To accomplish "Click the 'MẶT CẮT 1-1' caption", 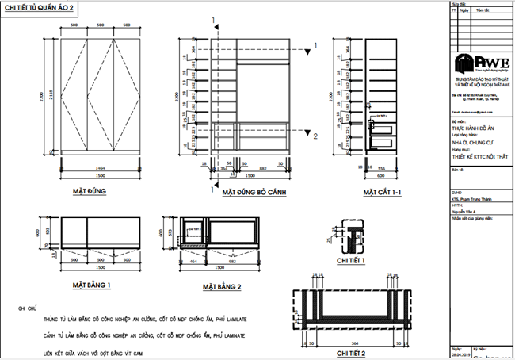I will pos(383,192).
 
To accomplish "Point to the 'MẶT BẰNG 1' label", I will pos(97,283).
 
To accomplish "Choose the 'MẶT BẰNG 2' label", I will pos(221,285).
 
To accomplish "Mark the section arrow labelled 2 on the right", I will pos(315,136).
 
